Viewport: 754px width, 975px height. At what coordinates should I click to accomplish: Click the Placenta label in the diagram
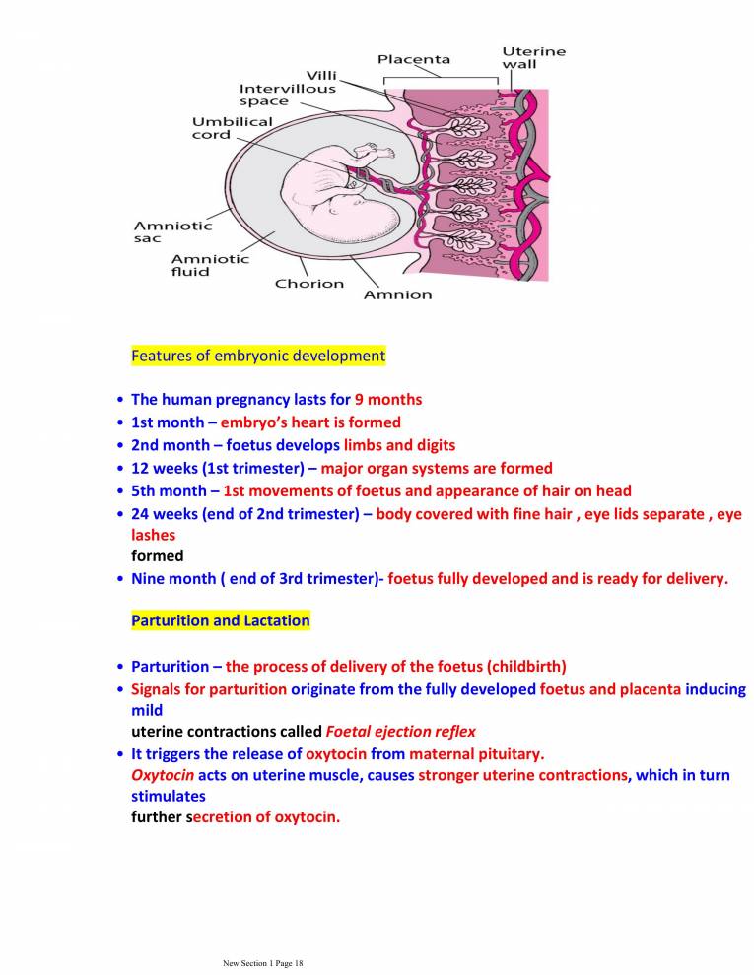point(414,59)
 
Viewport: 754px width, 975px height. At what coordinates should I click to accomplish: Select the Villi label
point(322,75)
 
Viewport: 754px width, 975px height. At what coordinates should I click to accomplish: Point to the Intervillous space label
point(288,95)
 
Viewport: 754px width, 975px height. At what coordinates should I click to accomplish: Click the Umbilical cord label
point(232,128)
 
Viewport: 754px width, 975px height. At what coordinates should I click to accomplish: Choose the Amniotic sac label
point(172,232)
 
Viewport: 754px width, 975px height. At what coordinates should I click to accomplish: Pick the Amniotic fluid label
point(209,265)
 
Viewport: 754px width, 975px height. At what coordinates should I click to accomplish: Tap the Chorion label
point(309,284)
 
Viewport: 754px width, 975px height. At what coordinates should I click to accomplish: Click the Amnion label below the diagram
point(398,294)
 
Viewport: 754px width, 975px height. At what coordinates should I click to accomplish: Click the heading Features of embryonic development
point(258,356)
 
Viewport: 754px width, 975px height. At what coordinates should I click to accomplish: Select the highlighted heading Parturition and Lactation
point(221,621)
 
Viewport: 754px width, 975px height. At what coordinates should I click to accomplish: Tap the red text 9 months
point(388,400)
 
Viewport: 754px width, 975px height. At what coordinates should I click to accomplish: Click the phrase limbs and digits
point(399,445)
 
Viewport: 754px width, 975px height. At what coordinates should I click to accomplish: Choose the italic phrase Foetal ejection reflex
point(400,732)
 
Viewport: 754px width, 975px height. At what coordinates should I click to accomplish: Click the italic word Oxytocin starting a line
point(156,775)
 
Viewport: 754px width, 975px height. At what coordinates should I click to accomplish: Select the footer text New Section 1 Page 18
point(264,963)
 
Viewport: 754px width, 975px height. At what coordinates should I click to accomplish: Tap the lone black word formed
point(158,555)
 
